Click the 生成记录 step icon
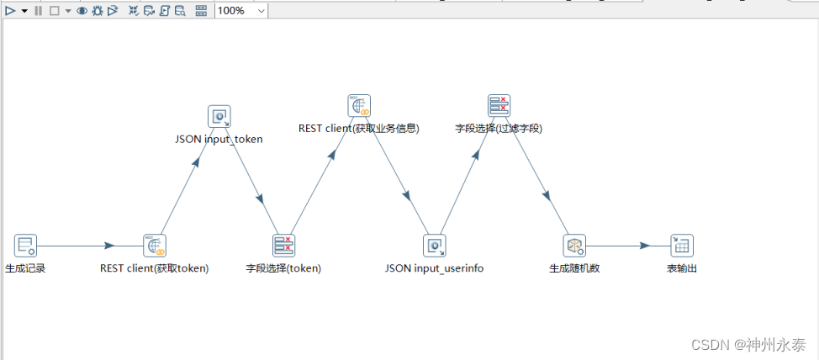coord(26,246)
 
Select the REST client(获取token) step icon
coord(155,246)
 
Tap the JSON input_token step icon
coord(219,117)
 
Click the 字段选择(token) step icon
coord(284,246)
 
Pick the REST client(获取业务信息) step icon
coord(359,106)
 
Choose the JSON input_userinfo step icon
coord(435,246)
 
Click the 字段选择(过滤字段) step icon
coord(499,106)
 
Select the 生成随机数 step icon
coord(574,246)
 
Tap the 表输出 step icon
coord(682,246)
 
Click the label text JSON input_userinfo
coord(435,269)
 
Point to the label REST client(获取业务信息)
coord(359,129)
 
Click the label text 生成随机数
coord(574,269)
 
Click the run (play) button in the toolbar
coord(11,11)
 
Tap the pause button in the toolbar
coord(38,11)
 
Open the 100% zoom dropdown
coord(260,11)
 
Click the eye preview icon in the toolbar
coord(82,11)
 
